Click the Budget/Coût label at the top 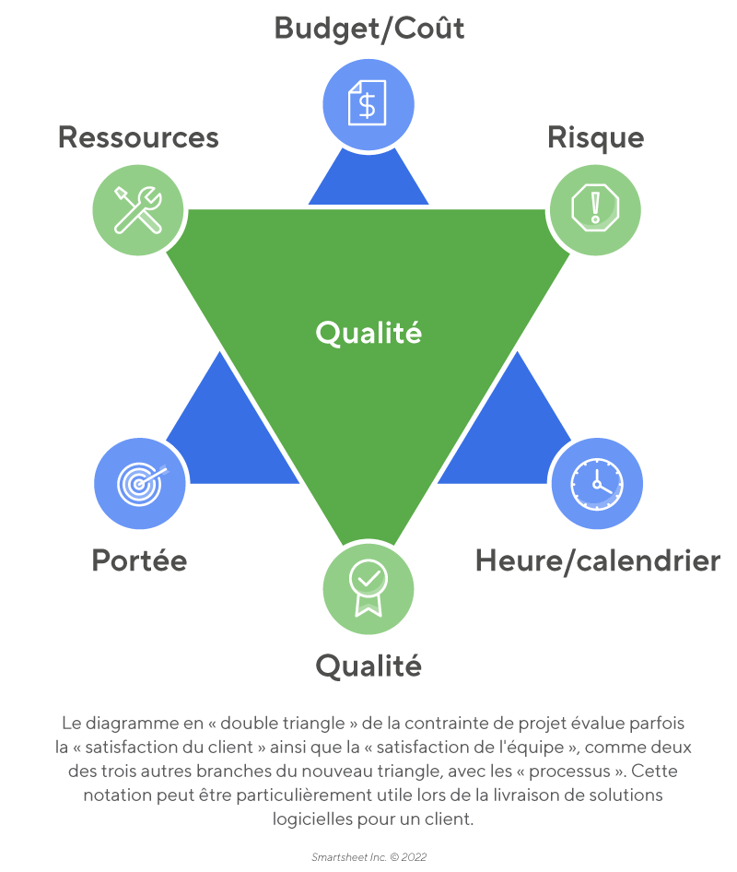coord(368,29)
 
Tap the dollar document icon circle coord(368,102)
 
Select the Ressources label coord(138,137)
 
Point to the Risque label coord(595,137)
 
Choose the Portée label coord(139,560)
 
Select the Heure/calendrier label coord(597,560)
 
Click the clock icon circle coord(596,482)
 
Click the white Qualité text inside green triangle coord(368,332)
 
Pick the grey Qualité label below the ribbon coord(368,665)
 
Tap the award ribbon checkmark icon coord(368,587)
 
